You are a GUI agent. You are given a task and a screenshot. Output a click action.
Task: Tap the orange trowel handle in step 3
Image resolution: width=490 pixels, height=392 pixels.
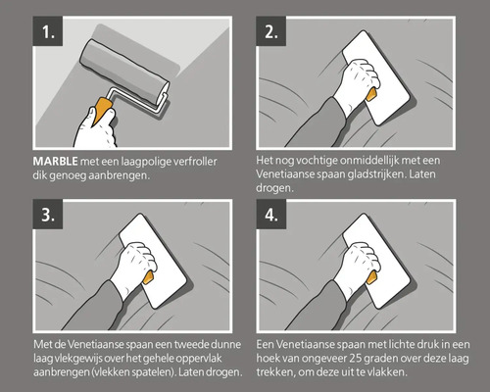[146, 279]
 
